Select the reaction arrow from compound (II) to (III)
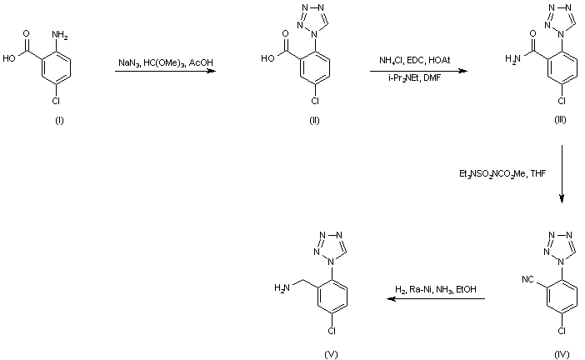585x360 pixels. pos(418,72)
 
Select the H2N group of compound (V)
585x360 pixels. pos(282,288)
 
